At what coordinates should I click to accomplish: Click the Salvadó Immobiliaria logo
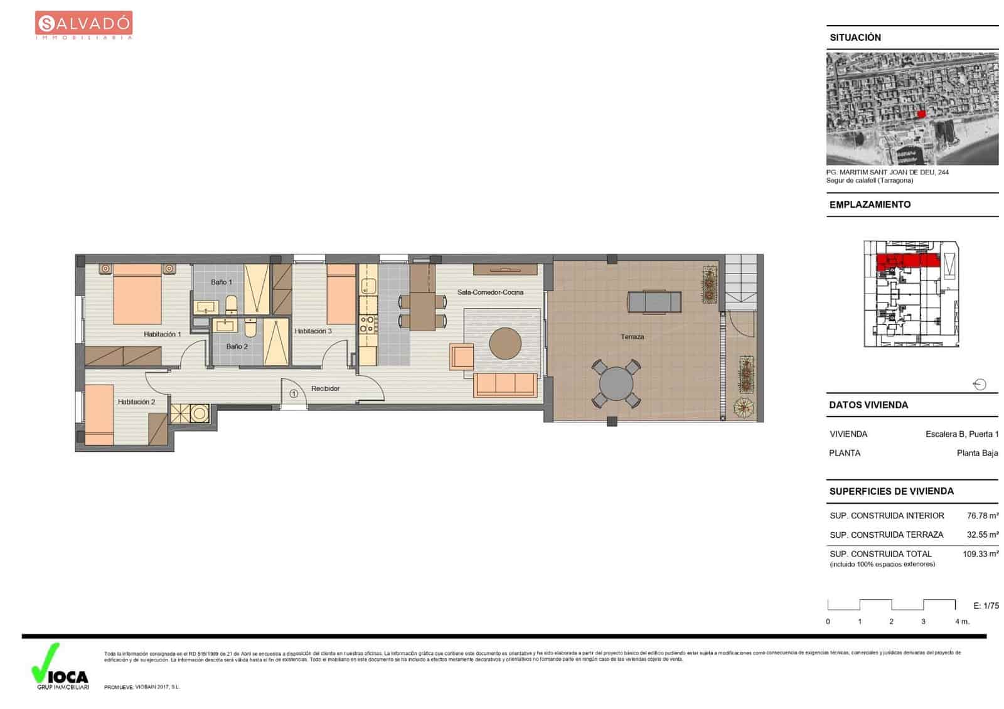[83, 25]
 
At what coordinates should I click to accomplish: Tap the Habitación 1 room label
[162, 334]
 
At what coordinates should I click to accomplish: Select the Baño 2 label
[237, 346]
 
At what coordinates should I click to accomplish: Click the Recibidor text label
[325, 389]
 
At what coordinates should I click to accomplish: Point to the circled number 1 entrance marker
[294, 394]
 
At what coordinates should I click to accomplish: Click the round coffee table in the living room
[505, 343]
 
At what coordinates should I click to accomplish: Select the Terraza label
[632, 337]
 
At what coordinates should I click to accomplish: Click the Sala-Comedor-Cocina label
[490, 292]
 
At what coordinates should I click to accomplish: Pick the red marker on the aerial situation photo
[921, 114]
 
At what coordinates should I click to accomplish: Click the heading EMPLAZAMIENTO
[870, 205]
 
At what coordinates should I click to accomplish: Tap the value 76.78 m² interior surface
[982, 516]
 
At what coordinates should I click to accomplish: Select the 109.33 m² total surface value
[980, 554]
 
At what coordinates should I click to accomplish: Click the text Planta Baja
[977, 453]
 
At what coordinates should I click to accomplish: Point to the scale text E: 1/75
[986, 605]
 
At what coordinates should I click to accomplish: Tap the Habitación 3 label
[313, 331]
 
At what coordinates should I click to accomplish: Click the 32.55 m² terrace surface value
[982, 535]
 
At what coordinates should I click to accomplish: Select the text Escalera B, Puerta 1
[961, 434]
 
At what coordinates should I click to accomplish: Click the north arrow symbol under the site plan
[980, 385]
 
